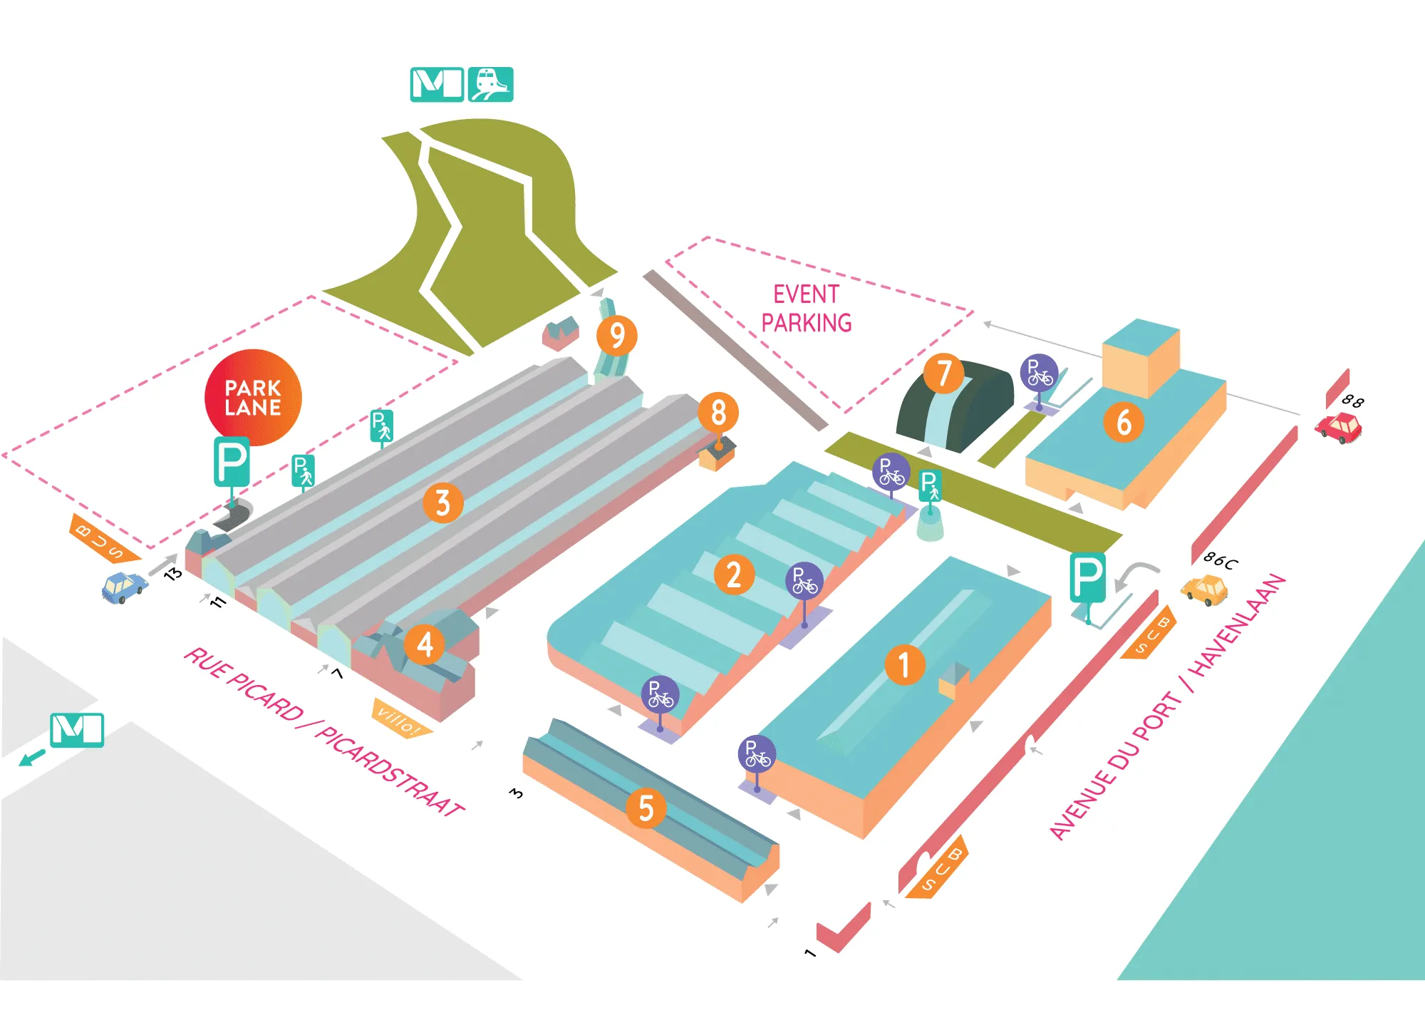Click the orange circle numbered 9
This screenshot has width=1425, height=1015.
coord(617,336)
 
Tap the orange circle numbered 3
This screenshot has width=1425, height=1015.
coord(442,503)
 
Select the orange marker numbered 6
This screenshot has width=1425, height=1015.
coord(1124,422)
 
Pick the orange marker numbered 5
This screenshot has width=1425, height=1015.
coord(646,808)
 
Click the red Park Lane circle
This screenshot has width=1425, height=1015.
coord(253,397)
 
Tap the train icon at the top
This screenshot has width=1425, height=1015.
coord(490,84)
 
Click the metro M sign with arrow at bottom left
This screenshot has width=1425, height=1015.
coord(77,730)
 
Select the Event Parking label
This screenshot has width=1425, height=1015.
coord(807,309)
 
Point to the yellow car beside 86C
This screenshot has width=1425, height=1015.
coord(1204,589)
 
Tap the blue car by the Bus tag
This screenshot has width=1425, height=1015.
coord(125,587)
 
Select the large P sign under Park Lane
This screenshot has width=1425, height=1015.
coord(232,462)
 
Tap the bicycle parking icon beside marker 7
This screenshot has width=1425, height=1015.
coord(1039,373)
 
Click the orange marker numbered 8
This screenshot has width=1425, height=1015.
coord(718,412)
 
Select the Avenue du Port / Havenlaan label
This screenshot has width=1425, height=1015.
coord(1168,706)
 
